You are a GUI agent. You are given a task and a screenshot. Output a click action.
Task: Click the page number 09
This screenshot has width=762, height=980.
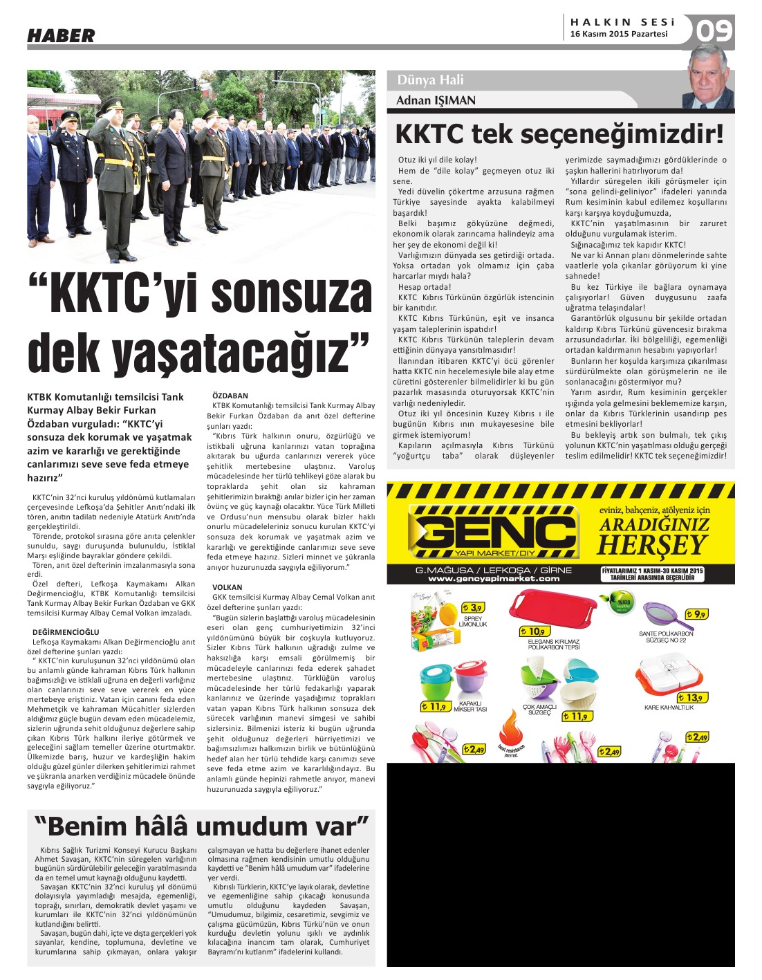tap(714, 31)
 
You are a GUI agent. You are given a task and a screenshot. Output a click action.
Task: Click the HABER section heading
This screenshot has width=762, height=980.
tap(61, 35)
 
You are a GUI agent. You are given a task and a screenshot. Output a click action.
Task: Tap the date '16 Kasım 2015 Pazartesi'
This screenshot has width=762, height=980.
tap(619, 34)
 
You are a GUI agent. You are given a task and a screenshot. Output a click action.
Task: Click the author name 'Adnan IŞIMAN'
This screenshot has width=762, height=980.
tap(436, 101)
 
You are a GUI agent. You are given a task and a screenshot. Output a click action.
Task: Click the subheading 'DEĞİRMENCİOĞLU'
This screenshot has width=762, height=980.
tap(66, 631)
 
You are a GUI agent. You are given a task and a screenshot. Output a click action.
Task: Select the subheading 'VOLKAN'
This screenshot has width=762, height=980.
tap(227, 586)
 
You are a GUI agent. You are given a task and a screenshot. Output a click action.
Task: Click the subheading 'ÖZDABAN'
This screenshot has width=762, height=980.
tap(230, 396)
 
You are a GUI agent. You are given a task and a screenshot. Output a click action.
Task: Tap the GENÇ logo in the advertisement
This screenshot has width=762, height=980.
tap(493, 533)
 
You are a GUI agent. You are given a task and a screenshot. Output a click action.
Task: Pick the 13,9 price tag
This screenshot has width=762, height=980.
tap(693, 698)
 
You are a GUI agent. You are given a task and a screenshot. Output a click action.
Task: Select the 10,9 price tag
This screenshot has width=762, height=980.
tap(534, 631)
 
